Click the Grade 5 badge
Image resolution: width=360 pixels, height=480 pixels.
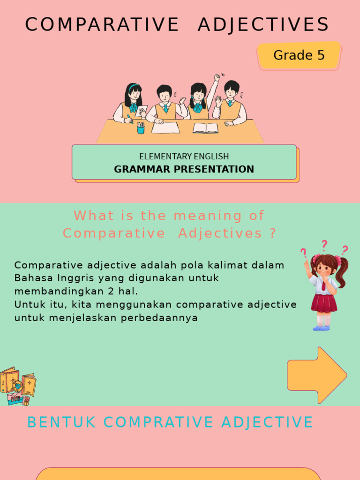click(299, 55)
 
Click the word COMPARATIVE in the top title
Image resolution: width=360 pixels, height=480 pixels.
click(102, 25)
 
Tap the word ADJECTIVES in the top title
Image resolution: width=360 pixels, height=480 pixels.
click(263, 25)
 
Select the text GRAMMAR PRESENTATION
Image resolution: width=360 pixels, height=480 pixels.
click(184, 169)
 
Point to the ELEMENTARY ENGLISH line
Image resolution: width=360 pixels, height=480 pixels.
click(184, 157)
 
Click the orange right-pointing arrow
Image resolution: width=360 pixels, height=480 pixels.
click(317, 375)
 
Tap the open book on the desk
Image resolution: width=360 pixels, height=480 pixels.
click(205, 127)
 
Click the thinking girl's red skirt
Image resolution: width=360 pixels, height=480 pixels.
click(324, 303)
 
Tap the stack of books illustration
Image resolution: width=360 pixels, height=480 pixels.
click(18, 386)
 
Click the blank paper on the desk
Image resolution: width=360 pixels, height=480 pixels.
click(165, 127)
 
